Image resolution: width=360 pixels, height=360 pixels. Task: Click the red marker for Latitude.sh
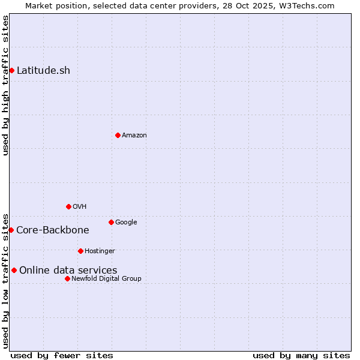click(x=11, y=71)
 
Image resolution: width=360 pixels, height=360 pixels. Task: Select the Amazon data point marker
click(x=118, y=135)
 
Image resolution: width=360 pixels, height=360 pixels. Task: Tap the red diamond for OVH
click(x=68, y=206)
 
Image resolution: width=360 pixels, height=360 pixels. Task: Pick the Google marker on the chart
click(x=111, y=222)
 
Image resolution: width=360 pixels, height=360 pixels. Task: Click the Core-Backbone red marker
click(x=11, y=230)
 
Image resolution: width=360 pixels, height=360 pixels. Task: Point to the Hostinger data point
click(x=80, y=251)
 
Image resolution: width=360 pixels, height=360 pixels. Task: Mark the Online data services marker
click(x=14, y=270)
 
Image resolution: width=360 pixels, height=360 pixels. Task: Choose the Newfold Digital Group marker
click(x=67, y=278)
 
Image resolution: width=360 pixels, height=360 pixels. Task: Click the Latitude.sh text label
click(x=43, y=71)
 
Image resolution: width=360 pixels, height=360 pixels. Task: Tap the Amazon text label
click(x=134, y=136)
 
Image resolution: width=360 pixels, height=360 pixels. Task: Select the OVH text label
click(x=80, y=207)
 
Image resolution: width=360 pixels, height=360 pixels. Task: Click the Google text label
click(x=126, y=223)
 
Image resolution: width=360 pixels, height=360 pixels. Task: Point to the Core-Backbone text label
click(x=53, y=230)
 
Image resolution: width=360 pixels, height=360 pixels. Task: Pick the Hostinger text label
click(x=100, y=251)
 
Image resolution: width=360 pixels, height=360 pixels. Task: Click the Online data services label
click(x=68, y=271)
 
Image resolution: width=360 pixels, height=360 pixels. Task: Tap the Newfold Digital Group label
click(x=106, y=279)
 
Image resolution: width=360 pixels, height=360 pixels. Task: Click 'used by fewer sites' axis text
click(x=62, y=355)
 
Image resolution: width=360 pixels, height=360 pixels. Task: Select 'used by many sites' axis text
click(x=301, y=355)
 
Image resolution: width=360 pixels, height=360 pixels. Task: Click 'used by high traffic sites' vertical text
click(x=5, y=85)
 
